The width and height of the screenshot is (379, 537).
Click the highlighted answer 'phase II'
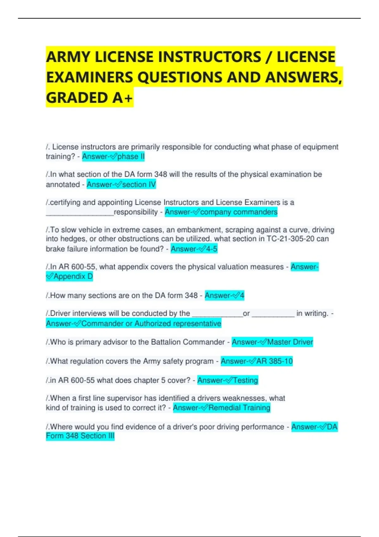coord(131,157)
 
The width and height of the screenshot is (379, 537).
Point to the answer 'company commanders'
coord(239,212)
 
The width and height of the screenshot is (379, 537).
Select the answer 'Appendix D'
coord(73,277)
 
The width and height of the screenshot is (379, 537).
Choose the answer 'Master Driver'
coord(290,342)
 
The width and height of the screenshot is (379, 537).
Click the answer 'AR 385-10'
coord(274,361)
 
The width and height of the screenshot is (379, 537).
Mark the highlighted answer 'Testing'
coord(245,380)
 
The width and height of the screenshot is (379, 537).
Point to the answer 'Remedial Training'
coord(239,408)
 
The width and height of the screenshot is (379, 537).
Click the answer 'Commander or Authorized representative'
coord(151,324)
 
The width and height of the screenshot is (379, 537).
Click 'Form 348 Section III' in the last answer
coord(80,436)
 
